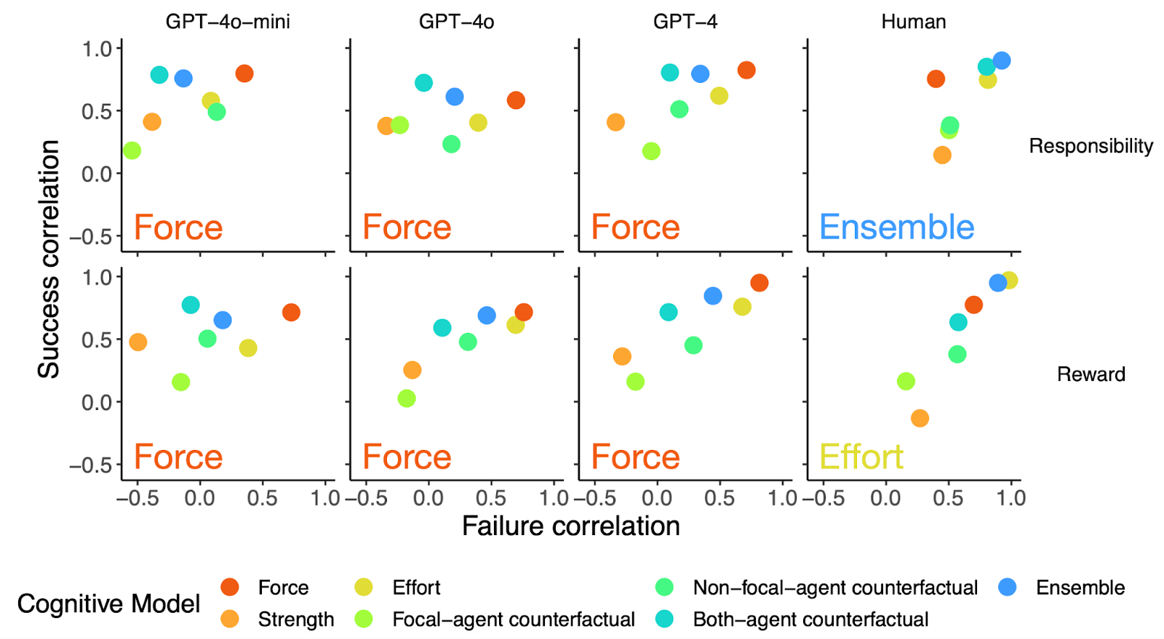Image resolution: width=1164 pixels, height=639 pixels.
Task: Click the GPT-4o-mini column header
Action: (228, 22)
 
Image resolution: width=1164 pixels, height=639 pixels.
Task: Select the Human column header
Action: (913, 22)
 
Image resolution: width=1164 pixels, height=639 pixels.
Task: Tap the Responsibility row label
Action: (1091, 146)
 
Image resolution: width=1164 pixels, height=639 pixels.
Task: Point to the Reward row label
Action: (1091, 374)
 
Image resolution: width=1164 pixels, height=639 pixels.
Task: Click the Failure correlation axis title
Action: (570, 526)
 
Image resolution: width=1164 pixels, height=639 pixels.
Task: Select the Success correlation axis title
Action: (49, 259)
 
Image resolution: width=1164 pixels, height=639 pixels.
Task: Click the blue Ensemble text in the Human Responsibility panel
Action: (896, 228)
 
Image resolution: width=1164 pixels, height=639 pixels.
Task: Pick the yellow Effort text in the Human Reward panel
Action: (861, 457)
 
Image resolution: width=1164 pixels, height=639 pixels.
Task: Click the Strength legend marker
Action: (230, 619)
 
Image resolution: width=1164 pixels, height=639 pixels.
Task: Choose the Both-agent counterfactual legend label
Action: (810, 619)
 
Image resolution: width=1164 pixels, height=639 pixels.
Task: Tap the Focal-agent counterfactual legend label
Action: (513, 619)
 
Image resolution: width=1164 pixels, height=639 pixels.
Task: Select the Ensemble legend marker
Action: (1007, 587)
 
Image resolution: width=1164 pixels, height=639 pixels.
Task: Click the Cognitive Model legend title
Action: (108, 603)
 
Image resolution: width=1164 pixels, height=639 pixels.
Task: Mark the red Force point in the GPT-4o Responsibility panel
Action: (516, 100)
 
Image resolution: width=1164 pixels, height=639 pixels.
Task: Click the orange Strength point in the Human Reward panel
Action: (920, 418)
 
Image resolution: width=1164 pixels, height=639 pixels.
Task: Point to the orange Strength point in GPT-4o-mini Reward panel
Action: (137, 342)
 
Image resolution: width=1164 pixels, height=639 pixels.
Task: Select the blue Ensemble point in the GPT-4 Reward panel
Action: (713, 296)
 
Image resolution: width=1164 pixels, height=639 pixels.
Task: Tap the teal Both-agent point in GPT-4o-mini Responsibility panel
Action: (159, 75)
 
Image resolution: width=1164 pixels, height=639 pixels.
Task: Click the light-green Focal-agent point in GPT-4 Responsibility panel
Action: (651, 151)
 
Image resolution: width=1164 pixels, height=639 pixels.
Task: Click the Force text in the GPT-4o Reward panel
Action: (407, 457)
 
